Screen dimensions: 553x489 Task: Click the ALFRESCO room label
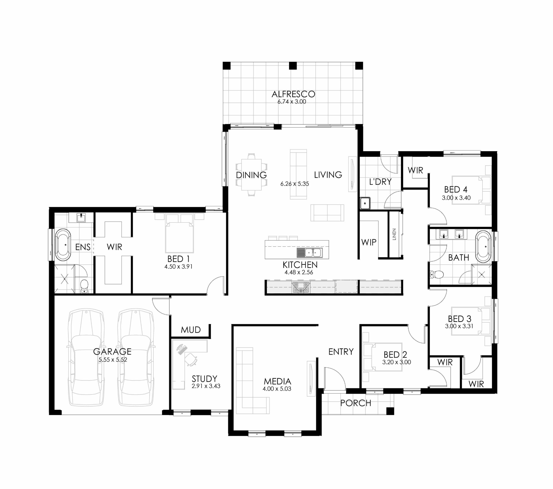[293, 94]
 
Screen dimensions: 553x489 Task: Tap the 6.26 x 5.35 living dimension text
[295, 184]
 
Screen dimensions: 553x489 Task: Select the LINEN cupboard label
[394, 234]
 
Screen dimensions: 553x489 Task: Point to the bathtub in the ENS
[63, 245]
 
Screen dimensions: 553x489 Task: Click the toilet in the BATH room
[437, 275]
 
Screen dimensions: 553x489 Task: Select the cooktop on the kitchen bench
[300, 287]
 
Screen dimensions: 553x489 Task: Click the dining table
[251, 175]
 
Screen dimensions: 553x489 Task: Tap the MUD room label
[191, 330]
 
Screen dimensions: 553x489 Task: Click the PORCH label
[356, 403]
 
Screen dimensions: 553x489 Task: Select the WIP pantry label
[369, 242]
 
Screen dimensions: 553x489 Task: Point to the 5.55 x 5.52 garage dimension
[113, 360]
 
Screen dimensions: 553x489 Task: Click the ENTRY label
[341, 352]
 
